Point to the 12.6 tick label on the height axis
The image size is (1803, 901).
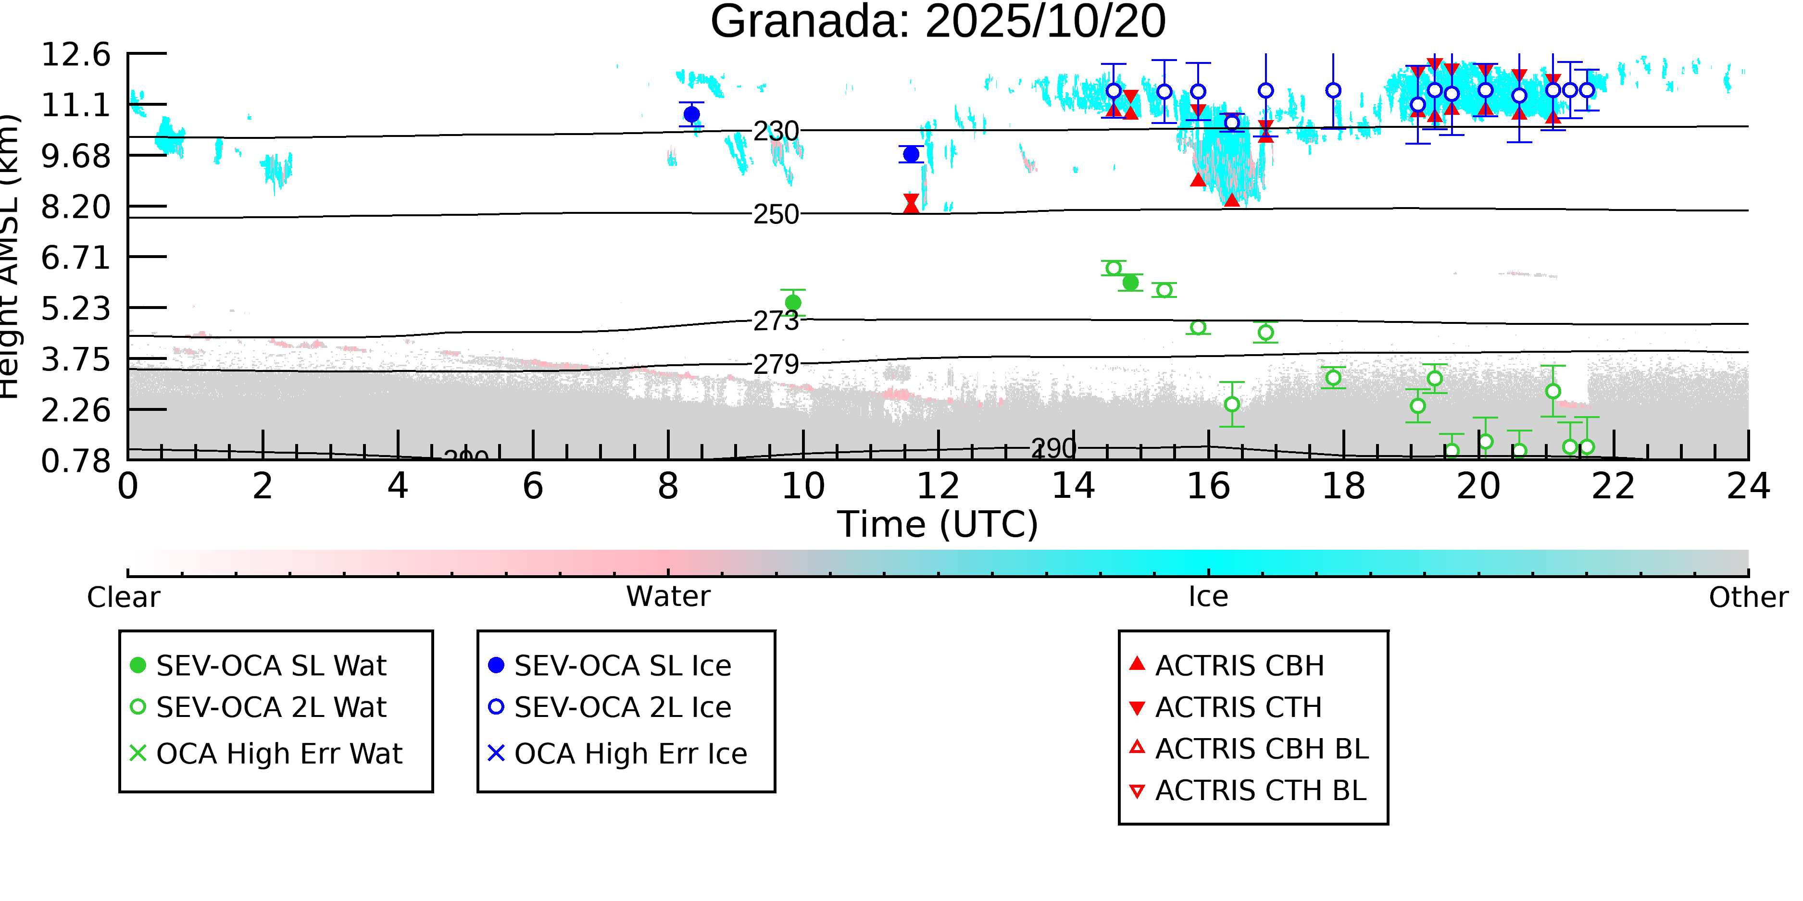75,55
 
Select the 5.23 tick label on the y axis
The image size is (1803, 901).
75,309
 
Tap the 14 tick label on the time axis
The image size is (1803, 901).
1073,486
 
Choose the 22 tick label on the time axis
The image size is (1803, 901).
1613,486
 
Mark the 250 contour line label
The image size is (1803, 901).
776,214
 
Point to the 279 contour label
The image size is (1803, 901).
776,364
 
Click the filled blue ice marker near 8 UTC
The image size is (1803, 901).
691,114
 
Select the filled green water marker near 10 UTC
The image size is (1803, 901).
793,302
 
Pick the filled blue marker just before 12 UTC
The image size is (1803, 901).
911,154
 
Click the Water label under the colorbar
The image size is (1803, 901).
668,597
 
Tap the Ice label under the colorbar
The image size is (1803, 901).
1208,597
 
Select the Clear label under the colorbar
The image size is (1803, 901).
123,597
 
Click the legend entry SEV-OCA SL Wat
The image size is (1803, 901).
271,665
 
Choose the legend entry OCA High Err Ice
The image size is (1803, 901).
630,754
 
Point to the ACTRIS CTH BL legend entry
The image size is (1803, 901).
1260,790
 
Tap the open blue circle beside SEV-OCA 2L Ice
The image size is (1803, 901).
496,706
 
